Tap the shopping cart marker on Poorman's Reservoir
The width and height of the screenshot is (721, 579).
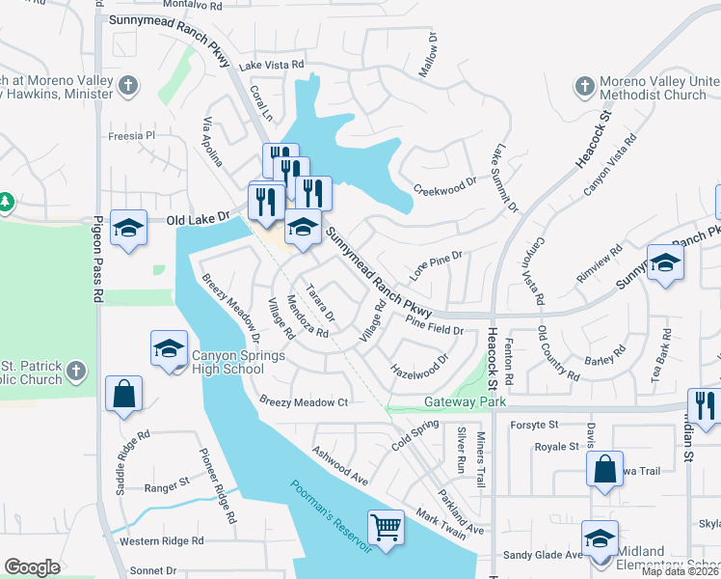(x=386, y=527)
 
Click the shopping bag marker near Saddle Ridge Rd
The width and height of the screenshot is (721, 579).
(x=124, y=394)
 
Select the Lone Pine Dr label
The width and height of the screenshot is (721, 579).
(x=437, y=265)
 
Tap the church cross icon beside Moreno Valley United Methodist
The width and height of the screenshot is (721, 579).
(x=583, y=87)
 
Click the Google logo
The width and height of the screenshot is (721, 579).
(x=33, y=567)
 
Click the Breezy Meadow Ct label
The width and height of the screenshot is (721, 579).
(x=304, y=401)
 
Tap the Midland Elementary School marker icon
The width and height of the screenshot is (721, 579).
(x=599, y=537)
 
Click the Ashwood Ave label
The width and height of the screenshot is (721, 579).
(x=340, y=464)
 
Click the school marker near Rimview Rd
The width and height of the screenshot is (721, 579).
(x=665, y=262)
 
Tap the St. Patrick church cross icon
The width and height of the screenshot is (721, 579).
(x=78, y=371)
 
